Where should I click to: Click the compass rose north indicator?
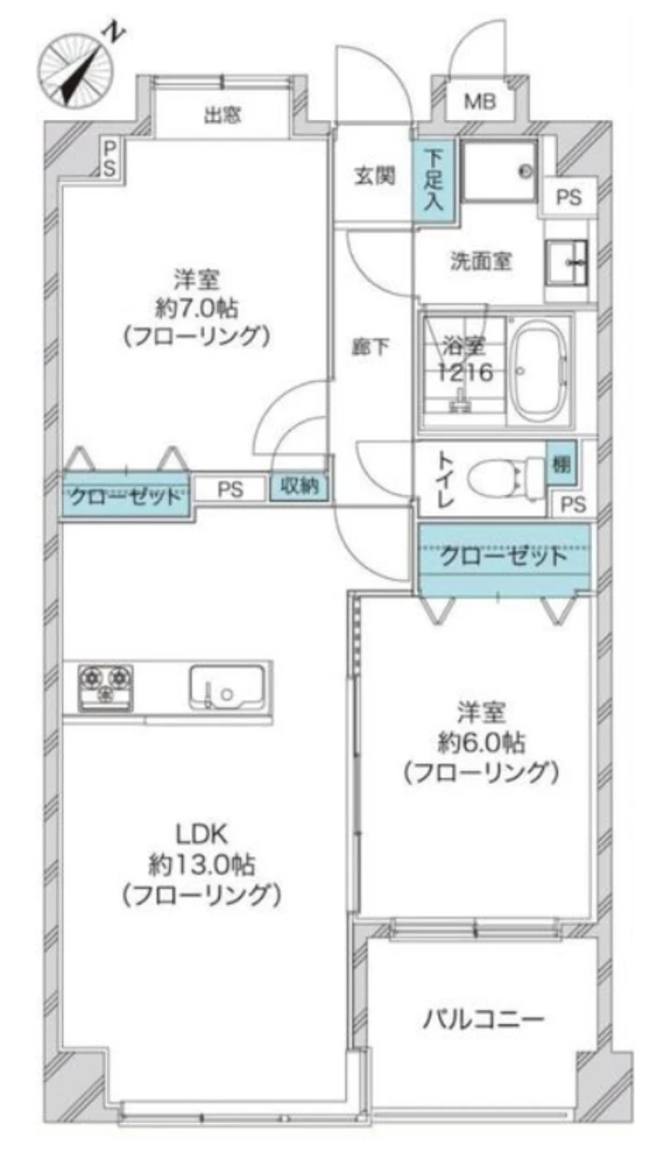(x=77, y=70)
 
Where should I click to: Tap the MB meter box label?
(x=479, y=101)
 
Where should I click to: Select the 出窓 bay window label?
(x=223, y=115)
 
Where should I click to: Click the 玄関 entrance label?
(x=374, y=177)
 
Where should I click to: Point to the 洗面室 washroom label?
(x=481, y=261)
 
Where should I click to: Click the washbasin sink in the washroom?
(x=567, y=262)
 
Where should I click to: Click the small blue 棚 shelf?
(x=561, y=465)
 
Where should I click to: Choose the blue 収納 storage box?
(x=299, y=486)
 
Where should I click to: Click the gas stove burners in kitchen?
(x=105, y=688)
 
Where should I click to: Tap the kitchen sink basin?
(x=227, y=687)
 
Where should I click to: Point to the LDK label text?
(x=201, y=834)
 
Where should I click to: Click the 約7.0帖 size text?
(x=196, y=308)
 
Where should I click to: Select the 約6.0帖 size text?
(x=482, y=742)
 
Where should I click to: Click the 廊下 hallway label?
(x=370, y=347)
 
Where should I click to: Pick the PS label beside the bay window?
(x=110, y=159)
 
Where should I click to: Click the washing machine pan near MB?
(x=499, y=171)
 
